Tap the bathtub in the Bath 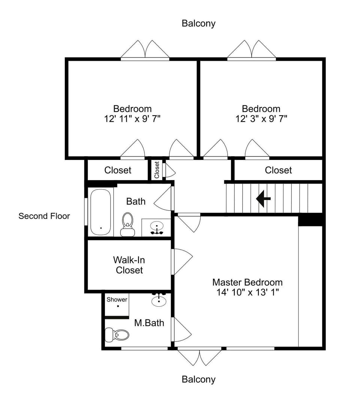pyautogui.click(x=100, y=212)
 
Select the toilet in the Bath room pyautogui.click(x=127, y=224)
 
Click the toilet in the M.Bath pyautogui.click(x=117, y=334)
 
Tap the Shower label pyautogui.click(x=117, y=300)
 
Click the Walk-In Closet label pyautogui.click(x=129, y=265)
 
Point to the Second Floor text pyautogui.click(x=44, y=216)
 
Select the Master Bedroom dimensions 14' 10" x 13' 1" pyautogui.click(x=247, y=292)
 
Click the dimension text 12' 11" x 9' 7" pyautogui.click(x=132, y=119)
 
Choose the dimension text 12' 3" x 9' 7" pyautogui.click(x=261, y=119)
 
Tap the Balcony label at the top pyautogui.click(x=198, y=23)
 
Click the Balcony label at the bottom pyautogui.click(x=198, y=379)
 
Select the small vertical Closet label pyautogui.click(x=157, y=170)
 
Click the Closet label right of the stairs pyautogui.click(x=278, y=170)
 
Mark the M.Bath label pyautogui.click(x=149, y=322)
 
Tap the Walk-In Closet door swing pyautogui.click(x=182, y=260)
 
